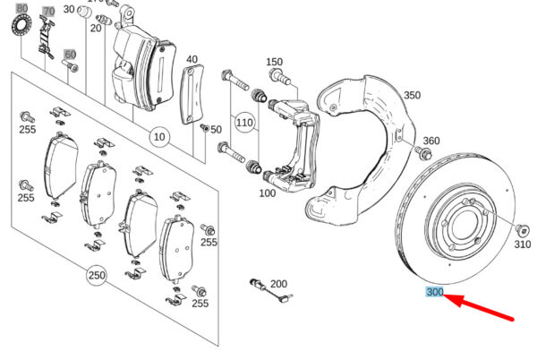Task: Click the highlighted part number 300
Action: pyautogui.click(x=435, y=292)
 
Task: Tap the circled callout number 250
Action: pyautogui.click(x=96, y=274)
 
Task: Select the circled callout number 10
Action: pyautogui.click(x=159, y=138)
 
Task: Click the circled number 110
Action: pyautogui.click(x=244, y=121)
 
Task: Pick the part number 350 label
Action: pyautogui.click(x=412, y=95)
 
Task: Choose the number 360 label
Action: pyautogui.click(x=431, y=141)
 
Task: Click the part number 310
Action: pyautogui.click(x=523, y=243)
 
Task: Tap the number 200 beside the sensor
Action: pyautogui.click(x=278, y=284)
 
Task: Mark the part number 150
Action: pyautogui.click(x=274, y=62)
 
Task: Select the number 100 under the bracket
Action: pyautogui.click(x=268, y=193)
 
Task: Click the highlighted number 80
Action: pyautogui.click(x=21, y=8)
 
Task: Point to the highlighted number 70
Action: pyautogui.click(x=48, y=12)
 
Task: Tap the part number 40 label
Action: pyautogui.click(x=192, y=60)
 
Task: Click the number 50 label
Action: pyautogui.click(x=215, y=130)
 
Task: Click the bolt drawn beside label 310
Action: pyautogui.click(x=522, y=225)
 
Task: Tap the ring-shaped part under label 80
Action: pyautogui.click(x=19, y=27)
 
